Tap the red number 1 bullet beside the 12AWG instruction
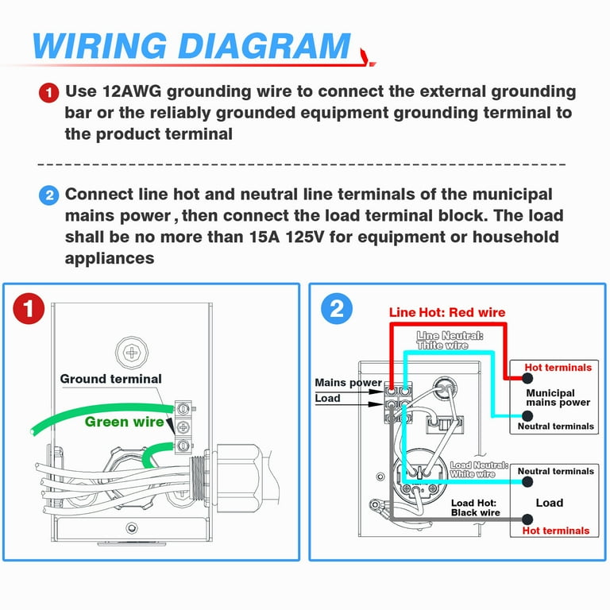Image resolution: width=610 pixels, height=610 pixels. (48, 93)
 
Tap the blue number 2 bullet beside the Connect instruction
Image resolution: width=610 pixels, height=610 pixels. (48, 195)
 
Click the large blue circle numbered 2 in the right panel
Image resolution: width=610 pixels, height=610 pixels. (336, 308)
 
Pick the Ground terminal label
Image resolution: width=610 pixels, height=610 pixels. (110, 379)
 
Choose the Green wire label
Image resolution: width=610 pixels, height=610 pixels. (118, 421)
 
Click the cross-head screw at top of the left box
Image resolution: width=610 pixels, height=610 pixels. (129, 349)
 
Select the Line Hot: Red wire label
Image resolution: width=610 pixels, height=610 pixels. (446, 312)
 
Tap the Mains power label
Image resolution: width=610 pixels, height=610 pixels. (348, 383)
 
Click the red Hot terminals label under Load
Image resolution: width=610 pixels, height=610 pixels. (556, 531)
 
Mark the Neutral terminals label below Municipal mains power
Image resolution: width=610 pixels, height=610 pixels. (556, 427)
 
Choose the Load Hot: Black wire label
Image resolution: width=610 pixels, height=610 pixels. (475, 508)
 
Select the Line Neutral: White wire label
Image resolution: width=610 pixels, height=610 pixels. (450, 341)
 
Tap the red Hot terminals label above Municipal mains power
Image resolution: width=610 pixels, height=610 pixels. (558, 368)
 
